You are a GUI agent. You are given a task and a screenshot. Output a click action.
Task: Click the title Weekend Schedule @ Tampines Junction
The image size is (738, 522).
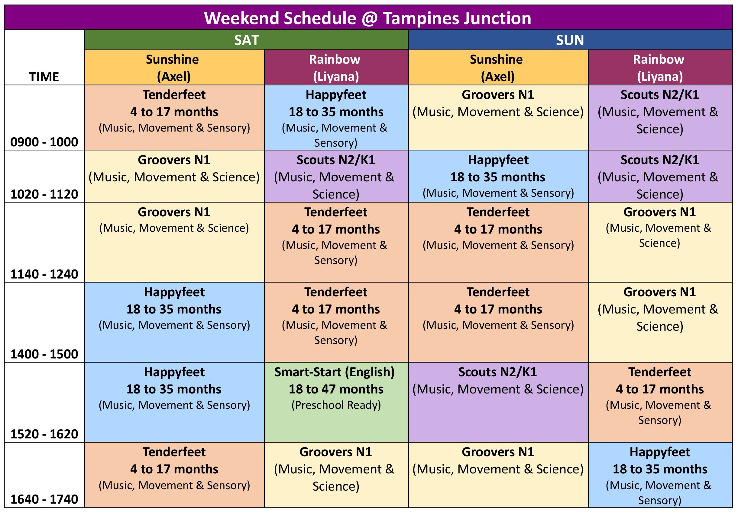pyautogui.click(x=367, y=18)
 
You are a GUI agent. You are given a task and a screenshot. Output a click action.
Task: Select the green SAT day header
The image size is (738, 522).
pyautogui.click(x=246, y=40)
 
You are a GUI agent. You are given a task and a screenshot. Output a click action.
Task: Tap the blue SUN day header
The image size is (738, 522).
pyautogui.click(x=570, y=40)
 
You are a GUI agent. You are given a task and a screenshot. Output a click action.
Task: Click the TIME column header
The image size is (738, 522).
pyautogui.click(x=44, y=77)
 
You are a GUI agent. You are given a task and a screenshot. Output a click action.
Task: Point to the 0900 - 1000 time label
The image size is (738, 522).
pyautogui.click(x=44, y=142)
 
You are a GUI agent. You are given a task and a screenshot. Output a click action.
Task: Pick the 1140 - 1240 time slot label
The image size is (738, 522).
pyautogui.click(x=44, y=274)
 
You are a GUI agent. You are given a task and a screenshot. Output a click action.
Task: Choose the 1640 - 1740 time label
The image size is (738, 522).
pyautogui.click(x=44, y=499)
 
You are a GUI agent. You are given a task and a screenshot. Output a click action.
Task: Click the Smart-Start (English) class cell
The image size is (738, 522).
pyautogui.click(x=336, y=402)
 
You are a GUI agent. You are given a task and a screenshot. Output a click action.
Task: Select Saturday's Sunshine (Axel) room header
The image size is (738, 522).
pyautogui.click(x=174, y=68)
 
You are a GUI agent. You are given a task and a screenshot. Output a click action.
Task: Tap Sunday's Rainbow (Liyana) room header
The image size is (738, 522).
pyautogui.click(x=660, y=68)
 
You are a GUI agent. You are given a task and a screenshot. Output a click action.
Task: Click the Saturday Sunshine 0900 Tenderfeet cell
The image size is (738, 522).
pyautogui.click(x=174, y=118)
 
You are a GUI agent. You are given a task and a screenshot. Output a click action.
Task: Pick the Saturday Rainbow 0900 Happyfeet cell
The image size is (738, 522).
pyautogui.click(x=336, y=118)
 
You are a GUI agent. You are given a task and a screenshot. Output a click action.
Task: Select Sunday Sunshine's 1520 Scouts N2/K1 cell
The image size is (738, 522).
pyautogui.click(x=498, y=402)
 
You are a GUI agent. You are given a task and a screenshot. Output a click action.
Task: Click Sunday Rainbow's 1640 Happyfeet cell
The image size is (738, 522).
pyautogui.click(x=660, y=475)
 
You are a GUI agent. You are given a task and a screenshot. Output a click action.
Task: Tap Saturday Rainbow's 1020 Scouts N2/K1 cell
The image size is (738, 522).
pyautogui.click(x=336, y=176)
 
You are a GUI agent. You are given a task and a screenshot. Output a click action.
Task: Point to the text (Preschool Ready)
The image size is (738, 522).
pyautogui.click(x=336, y=405)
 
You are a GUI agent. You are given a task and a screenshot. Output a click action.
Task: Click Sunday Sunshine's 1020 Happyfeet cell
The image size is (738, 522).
pyautogui.click(x=498, y=176)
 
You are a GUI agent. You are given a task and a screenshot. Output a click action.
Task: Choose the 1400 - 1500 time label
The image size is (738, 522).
pyautogui.click(x=44, y=354)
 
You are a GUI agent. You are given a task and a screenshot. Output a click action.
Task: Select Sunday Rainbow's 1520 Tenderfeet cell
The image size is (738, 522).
pyautogui.click(x=660, y=402)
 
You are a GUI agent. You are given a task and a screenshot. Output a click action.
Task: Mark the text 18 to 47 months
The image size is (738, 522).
pyautogui.click(x=336, y=389)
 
